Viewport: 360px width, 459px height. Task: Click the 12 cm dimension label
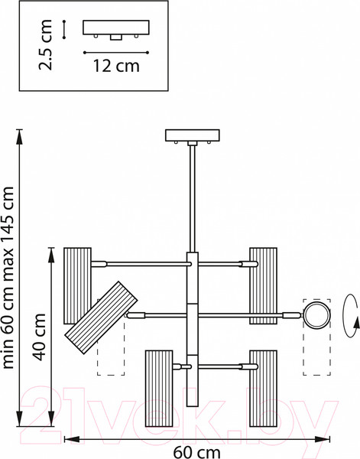point(116,66)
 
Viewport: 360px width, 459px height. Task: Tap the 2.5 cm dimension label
point(45,45)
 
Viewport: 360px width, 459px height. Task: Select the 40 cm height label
point(39,337)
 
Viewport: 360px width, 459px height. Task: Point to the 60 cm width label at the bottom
point(197,452)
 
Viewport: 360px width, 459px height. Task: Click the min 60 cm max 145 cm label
point(8,278)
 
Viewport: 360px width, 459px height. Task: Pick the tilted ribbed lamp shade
point(101,318)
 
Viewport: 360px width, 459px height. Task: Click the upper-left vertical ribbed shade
point(77,285)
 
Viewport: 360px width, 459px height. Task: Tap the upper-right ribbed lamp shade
point(263,285)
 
